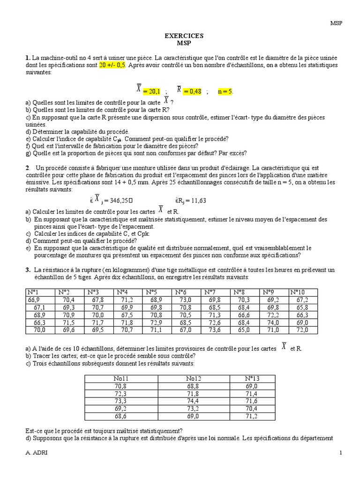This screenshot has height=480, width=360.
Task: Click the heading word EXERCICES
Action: pyautogui.click(x=184, y=36)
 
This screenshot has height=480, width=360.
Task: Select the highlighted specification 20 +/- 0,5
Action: pyautogui.click(x=113, y=65)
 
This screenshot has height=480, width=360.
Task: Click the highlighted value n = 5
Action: pyautogui.click(x=225, y=92)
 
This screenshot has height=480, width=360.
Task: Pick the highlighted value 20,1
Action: pyautogui.click(x=151, y=92)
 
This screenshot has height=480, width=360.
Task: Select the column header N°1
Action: pyautogui.click(x=34, y=292)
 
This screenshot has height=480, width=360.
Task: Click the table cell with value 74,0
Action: pyautogui.click(x=273, y=322)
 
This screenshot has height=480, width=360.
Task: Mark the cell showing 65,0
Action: pyautogui.click(x=244, y=330)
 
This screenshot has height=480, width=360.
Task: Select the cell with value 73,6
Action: pyautogui.click(x=214, y=330)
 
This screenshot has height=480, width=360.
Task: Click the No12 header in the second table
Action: pyautogui.click(x=180, y=378)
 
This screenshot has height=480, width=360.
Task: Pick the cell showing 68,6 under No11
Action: pyautogui.click(x=120, y=416)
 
